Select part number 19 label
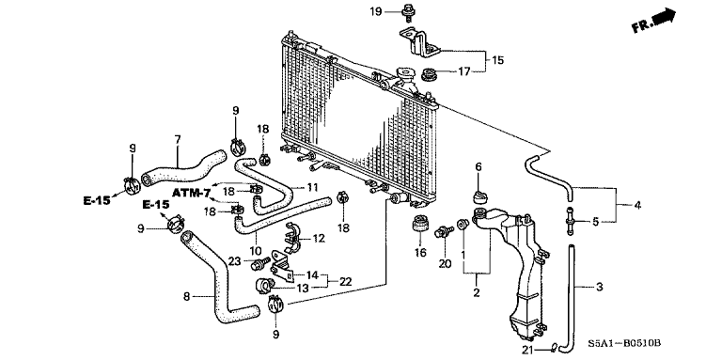(x=374, y=11)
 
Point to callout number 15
(x=498, y=59)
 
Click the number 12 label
(x=318, y=239)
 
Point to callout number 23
(x=234, y=261)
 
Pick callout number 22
(x=345, y=281)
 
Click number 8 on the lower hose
(x=187, y=296)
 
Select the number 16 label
(x=420, y=253)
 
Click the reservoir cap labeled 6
(x=479, y=196)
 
